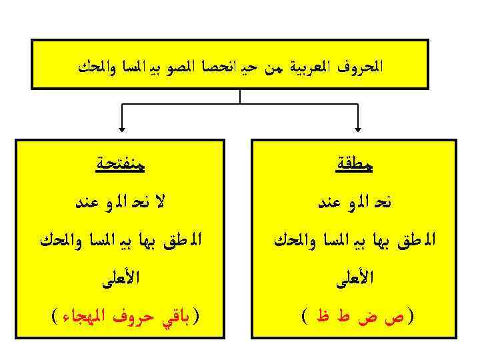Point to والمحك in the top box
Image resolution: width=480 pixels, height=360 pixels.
pyautogui.click(x=97, y=68)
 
